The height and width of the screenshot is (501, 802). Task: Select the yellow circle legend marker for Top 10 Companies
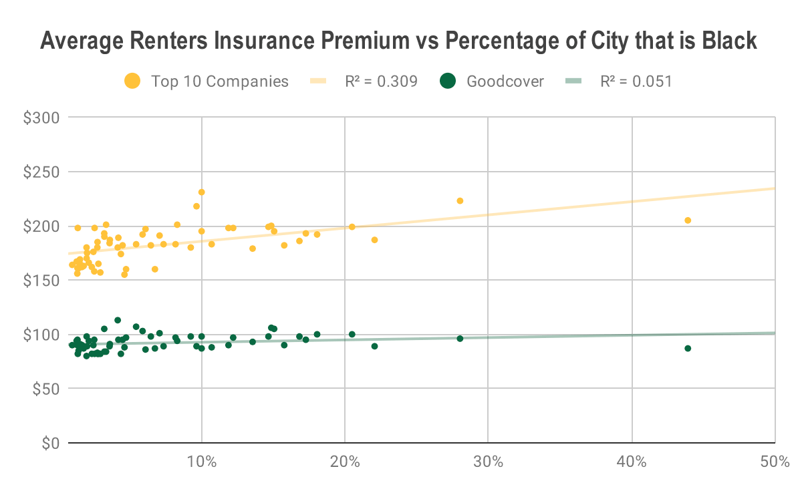coord(133,81)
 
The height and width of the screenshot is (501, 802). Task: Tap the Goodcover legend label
coord(505,81)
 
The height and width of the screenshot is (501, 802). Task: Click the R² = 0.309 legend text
coord(381,81)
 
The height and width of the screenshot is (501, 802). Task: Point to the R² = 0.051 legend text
coord(636,81)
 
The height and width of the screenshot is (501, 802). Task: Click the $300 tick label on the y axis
coord(45,118)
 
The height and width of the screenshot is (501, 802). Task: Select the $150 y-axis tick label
coord(45,281)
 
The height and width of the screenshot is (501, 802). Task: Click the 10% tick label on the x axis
coord(201,462)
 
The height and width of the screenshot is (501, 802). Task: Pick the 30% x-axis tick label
coord(488,462)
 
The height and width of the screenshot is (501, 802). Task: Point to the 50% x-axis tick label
coord(774,462)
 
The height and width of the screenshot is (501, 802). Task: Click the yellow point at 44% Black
coord(688,220)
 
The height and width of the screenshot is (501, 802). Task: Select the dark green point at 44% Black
coord(688,348)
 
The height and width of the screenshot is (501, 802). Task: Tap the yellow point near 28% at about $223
coord(460,201)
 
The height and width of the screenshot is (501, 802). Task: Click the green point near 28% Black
coord(460,339)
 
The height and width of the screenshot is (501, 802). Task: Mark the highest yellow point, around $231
coord(201,192)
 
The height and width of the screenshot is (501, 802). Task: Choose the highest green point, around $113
coord(118,321)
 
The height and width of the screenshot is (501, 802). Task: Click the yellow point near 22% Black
coord(374,240)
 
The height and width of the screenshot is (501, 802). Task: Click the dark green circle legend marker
coord(448,81)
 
